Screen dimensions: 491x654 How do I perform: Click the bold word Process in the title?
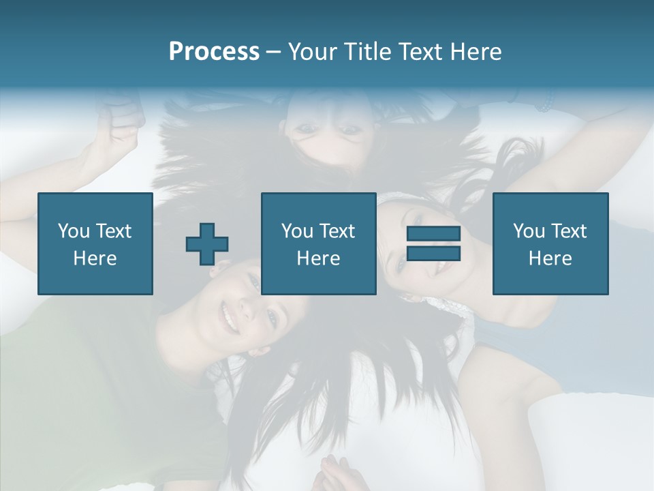[214, 52]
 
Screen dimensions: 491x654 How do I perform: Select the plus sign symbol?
[207, 244]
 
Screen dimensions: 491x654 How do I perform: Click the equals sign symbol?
[433, 243]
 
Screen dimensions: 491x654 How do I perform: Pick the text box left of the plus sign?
[95, 243]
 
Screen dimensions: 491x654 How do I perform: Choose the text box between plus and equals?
[318, 243]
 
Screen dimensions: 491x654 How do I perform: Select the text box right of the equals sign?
[550, 243]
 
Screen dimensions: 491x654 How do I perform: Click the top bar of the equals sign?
[433, 234]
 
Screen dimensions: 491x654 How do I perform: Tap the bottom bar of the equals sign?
[433, 254]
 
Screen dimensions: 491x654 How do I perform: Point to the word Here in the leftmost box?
[95, 258]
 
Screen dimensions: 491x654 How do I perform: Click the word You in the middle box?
[297, 231]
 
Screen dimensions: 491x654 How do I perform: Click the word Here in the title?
[476, 52]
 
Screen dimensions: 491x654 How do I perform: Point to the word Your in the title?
[311, 52]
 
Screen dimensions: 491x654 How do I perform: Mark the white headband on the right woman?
[395, 197]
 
